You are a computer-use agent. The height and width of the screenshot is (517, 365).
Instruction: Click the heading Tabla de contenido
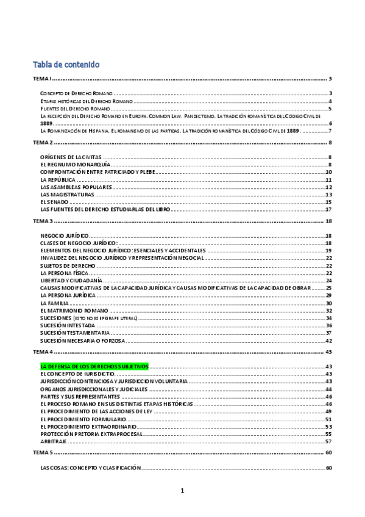point(66,64)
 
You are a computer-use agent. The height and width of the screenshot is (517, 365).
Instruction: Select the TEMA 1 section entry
point(44,79)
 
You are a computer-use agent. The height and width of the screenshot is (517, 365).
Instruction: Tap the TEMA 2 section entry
point(44,142)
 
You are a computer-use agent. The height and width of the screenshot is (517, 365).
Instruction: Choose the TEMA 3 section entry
point(44,221)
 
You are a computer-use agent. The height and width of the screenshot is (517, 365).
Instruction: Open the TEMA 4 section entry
point(44,352)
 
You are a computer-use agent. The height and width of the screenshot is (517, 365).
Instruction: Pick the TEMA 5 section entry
point(44,453)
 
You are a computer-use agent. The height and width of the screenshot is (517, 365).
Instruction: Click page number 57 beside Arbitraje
point(328,441)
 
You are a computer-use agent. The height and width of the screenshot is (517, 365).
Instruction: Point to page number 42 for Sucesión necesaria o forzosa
point(328,340)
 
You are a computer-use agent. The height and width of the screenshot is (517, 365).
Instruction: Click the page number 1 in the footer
point(182,490)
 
